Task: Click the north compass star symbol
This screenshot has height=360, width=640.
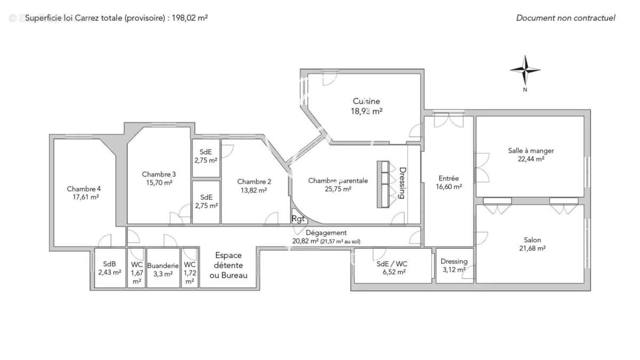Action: pyautogui.click(x=525, y=70)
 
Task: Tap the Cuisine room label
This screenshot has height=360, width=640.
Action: pyautogui.click(x=366, y=101)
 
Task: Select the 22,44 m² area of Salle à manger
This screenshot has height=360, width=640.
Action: pyautogui.click(x=531, y=159)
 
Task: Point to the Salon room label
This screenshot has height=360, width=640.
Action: pyautogui.click(x=532, y=240)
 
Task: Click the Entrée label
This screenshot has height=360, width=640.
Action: pyautogui.click(x=449, y=178)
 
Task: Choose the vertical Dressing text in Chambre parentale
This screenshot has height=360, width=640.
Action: pyautogui.click(x=402, y=183)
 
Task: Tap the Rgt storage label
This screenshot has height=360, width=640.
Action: pyautogui.click(x=298, y=219)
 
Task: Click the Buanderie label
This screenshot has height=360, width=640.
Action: pyautogui.click(x=163, y=266)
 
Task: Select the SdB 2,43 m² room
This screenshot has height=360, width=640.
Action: pyautogui.click(x=110, y=268)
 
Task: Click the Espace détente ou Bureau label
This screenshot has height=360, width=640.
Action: pyautogui.click(x=228, y=265)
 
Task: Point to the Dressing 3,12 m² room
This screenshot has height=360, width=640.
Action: pyautogui.click(x=454, y=266)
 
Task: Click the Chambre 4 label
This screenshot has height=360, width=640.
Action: pyautogui.click(x=84, y=189)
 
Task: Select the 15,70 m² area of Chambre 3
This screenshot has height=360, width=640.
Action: pyautogui.click(x=159, y=182)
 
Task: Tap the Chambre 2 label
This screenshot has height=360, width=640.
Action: pyautogui.click(x=254, y=182)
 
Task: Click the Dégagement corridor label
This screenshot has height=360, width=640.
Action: pyautogui.click(x=326, y=233)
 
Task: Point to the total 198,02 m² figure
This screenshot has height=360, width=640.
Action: pyautogui.click(x=190, y=18)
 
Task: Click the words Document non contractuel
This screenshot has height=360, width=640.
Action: pyautogui.click(x=566, y=18)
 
